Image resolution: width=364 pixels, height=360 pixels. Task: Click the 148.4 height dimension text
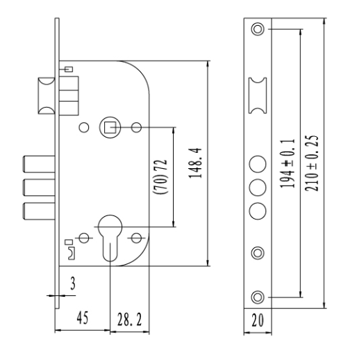tap(195, 163)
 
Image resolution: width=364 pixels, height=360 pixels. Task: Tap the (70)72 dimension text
tap(160, 177)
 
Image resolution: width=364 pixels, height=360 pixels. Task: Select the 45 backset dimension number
tap(83, 318)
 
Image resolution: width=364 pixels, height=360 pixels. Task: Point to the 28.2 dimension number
tap(129, 320)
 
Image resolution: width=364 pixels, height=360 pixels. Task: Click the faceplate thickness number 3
tap(73, 284)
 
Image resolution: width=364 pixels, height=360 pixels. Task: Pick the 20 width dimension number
tap(258, 320)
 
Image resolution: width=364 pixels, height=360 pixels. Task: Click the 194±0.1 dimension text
tap(288, 163)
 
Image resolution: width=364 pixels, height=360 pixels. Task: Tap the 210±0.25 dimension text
tap(311, 163)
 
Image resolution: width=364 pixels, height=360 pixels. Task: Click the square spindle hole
tap(110, 127)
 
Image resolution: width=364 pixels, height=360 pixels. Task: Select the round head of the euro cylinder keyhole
tap(110, 227)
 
